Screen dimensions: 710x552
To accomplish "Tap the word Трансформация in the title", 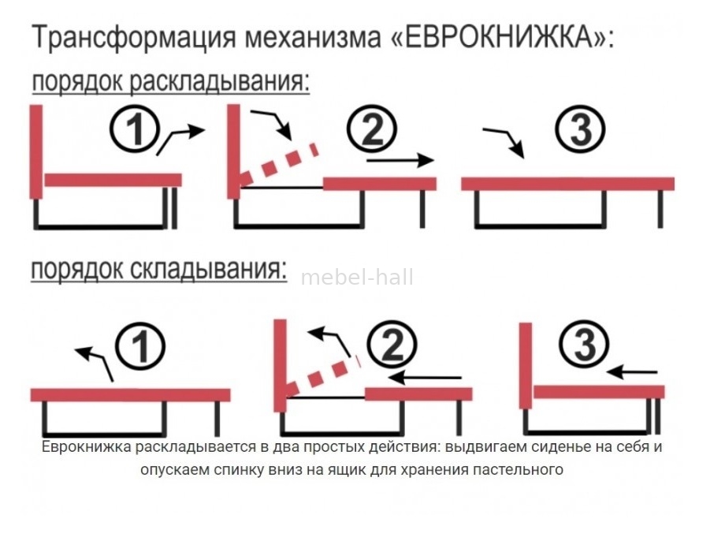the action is click(x=134, y=38).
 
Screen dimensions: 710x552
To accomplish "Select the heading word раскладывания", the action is click(x=220, y=81).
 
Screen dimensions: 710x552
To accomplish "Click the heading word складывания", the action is click(x=208, y=269).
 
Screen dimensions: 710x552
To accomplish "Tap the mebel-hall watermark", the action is click(x=357, y=278).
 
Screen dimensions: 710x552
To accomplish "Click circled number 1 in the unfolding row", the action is click(x=135, y=129).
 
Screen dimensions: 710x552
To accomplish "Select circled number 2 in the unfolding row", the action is click(x=372, y=129).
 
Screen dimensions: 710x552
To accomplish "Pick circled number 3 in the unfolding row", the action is click(x=581, y=129).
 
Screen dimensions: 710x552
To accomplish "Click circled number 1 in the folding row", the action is click(x=140, y=346).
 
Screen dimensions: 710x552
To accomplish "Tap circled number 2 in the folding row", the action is click(x=392, y=345).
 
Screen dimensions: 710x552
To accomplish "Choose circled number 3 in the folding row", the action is click(x=584, y=345).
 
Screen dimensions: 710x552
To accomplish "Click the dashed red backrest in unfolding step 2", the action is click(x=279, y=165).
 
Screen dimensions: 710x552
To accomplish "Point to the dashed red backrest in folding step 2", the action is click(x=323, y=375).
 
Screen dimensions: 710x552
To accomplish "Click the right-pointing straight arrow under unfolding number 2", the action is click(x=400, y=160).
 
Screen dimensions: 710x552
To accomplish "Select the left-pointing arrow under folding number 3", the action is click(x=632, y=372).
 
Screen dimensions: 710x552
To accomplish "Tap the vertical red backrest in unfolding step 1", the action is click(x=36, y=152).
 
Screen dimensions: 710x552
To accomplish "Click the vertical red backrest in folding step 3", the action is click(x=526, y=366).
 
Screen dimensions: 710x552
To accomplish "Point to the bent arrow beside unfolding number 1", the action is click(x=180, y=138).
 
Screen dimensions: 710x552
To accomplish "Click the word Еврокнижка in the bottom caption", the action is click(x=86, y=447).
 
